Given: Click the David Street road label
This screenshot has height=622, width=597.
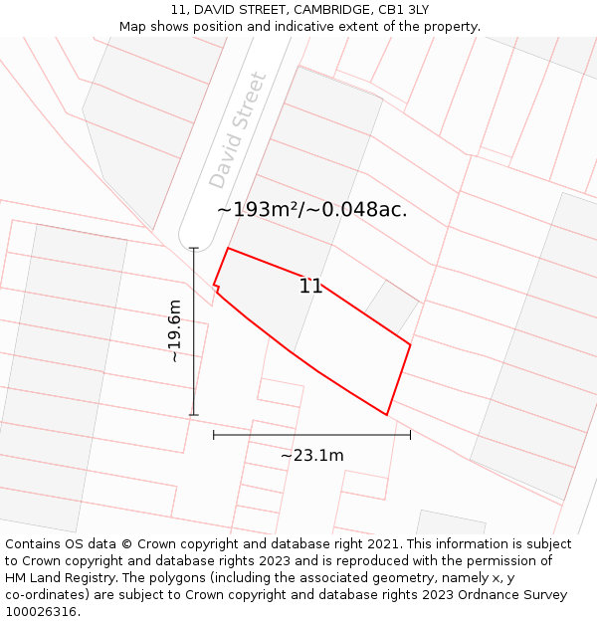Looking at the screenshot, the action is coord(238,130).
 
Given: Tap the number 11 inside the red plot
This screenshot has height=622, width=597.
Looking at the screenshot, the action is coord(310,287).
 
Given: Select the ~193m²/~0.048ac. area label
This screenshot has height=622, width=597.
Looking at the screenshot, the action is coord(311,210).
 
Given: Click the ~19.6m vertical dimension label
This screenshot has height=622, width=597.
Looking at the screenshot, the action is coord(175,330).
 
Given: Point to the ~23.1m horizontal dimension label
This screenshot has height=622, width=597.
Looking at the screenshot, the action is coord(311,456).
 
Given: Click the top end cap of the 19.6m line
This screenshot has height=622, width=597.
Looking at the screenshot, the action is coord(194,248).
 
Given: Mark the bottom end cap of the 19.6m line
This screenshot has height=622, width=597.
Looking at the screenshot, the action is coord(194,415).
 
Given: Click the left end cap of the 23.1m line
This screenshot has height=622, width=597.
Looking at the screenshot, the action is coord(214,435).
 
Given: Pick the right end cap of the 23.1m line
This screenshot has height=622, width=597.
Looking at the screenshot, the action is coord(410,435).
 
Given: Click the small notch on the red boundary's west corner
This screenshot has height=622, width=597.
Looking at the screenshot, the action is coord(216,289).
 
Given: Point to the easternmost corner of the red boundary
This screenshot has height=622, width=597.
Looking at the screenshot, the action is coord(410,345).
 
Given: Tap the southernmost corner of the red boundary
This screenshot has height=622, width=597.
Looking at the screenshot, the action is coord(386,415).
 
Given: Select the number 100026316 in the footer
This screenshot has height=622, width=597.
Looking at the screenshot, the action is coord(40,612).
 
